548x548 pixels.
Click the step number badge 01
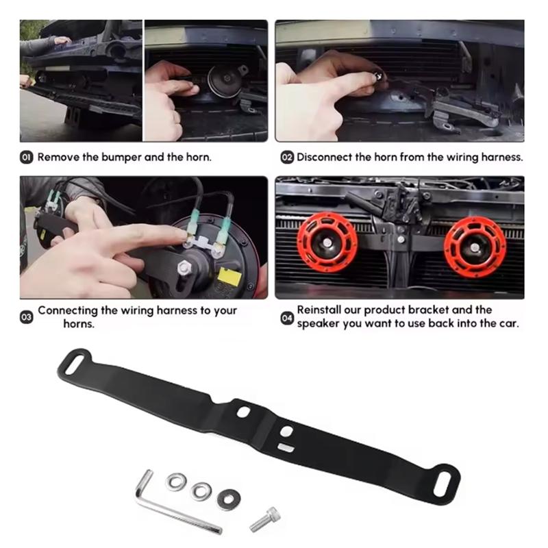coord(27,158)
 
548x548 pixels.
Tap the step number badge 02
coord(287,158)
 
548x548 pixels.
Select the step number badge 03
coord(27,317)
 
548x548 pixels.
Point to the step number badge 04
coord(287,317)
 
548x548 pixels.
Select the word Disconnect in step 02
coord(324,157)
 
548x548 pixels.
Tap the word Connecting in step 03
coord(68,310)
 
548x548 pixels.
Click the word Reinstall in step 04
coord(323,310)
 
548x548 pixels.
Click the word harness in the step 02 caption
coord(503,157)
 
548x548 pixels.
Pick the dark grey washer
coord(228,499)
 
